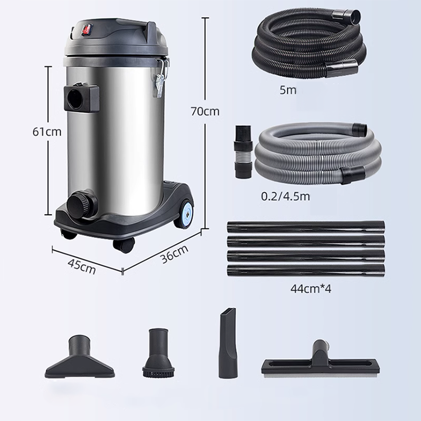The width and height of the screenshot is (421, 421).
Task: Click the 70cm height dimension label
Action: [205, 112]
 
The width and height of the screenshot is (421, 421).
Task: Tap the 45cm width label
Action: [82, 265]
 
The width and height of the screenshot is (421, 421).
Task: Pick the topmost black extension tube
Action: [305, 228]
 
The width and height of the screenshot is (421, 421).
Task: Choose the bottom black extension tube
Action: [305, 271]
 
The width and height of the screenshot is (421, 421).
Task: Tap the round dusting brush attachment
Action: [156, 353]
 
